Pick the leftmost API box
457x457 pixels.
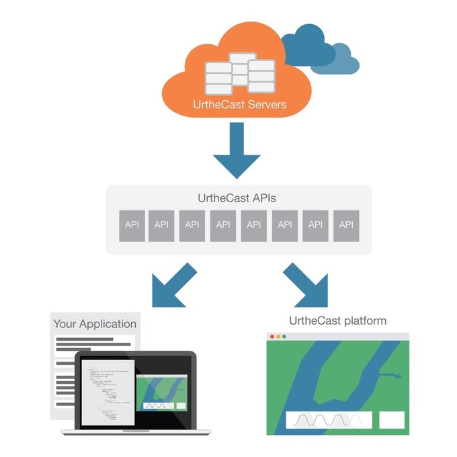[132, 225]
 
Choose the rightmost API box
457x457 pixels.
[346, 225]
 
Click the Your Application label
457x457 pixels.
[95, 324]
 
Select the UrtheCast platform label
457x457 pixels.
[337, 321]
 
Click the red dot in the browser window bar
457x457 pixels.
[272, 337]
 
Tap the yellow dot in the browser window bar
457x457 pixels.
[279, 337]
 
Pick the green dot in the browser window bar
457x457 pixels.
[286, 337]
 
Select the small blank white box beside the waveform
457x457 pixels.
[392, 420]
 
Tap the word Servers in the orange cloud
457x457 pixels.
[266, 104]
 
